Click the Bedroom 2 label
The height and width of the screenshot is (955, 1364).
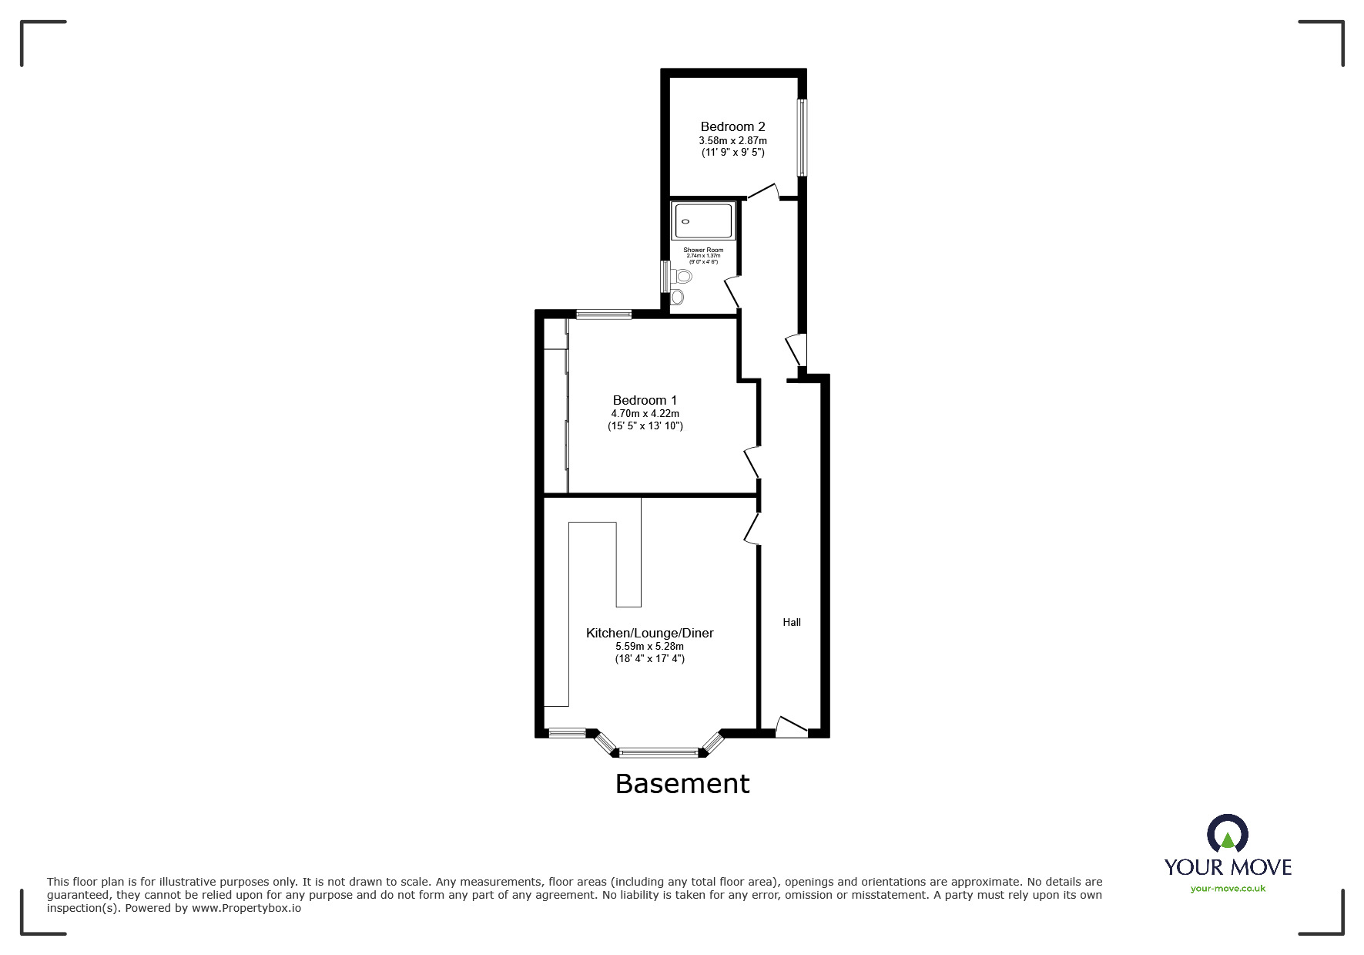coord(732,126)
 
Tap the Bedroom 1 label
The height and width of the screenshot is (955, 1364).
coord(645,400)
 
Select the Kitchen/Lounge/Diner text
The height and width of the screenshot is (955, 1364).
coord(649,633)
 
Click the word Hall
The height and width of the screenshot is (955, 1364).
coord(792,622)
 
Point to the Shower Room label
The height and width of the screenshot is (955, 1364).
coord(703,250)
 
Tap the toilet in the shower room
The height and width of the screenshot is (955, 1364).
coord(681,276)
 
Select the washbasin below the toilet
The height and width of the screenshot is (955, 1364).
coord(678,297)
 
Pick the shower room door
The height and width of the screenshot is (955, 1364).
coord(732,292)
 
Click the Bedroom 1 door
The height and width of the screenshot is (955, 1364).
coord(751,462)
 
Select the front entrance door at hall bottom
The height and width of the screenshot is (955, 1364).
coord(791,727)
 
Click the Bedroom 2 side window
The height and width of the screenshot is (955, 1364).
coord(802,137)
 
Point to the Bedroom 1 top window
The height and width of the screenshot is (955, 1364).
coord(604,314)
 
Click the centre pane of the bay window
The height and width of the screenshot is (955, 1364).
coord(659,752)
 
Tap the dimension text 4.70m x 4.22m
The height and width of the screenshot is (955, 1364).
coord(645,414)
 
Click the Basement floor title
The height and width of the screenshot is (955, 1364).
coord(682,784)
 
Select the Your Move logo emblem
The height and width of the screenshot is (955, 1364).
coord(1227,836)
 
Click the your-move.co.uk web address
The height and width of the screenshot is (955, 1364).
coord(1228,889)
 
